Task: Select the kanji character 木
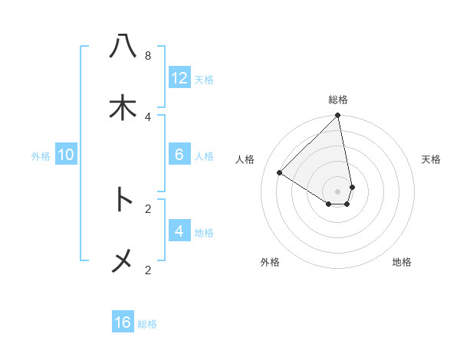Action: click(x=123, y=108)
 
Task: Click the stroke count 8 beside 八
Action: click(x=147, y=56)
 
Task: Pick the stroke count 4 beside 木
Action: click(x=147, y=116)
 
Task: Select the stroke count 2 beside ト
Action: click(x=147, y=208)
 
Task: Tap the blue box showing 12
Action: click(x=179, y=77)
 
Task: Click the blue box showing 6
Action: click(x=179, y=155)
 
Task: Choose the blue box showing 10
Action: click(x=66, y=155)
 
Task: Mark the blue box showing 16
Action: click(x=123, y=322)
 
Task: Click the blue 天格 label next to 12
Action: click(x=204, y=79)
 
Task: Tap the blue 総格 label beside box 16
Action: click(x=147, y=324)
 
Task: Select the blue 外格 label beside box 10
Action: click(x=41, y=156)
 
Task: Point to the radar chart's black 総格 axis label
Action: click(x=338, y=100)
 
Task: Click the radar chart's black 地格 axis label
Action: click(x=402, y=262)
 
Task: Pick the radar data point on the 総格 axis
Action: click(x=338, y=116)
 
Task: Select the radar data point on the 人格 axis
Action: click(x=280, y=173)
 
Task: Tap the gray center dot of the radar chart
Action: click(x=338, y=191)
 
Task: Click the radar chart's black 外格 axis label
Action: click(x=270, y=262)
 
